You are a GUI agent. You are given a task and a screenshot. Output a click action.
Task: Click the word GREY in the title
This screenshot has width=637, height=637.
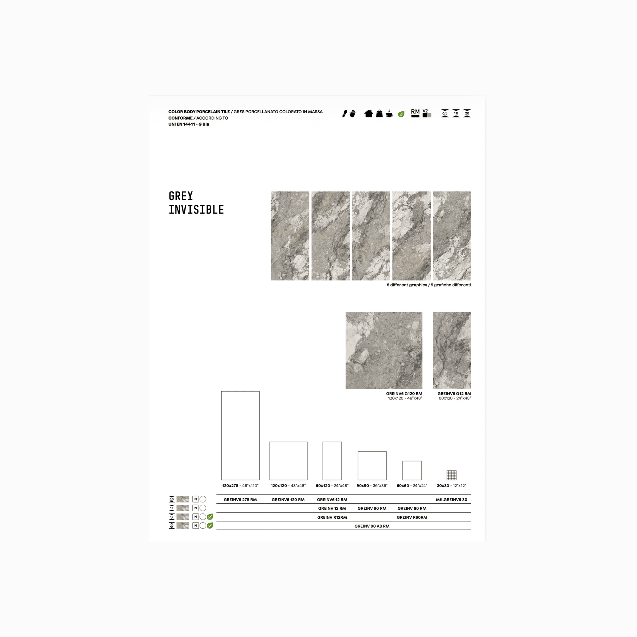click(x=181, y=196)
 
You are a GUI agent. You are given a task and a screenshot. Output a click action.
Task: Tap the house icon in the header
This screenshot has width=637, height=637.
click(x=368, y=113)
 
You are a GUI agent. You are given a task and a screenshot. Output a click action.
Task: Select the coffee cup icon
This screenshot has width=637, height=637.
click(x=389, y=114)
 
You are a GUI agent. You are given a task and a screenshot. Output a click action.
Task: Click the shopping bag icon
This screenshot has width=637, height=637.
click(x=379, y=113)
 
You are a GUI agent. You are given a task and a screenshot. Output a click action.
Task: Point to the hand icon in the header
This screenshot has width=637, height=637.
click(x=353, y=113)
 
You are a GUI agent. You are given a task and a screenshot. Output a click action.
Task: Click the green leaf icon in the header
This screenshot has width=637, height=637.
click(x=401, y=114)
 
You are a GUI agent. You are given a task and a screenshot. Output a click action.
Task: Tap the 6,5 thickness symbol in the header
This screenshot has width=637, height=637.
click(x=445, y=113)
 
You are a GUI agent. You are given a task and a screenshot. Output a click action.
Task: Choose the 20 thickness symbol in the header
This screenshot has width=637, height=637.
click(x=467, y=113)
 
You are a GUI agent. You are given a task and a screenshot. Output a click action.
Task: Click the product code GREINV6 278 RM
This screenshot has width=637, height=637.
click(x=240, y=500)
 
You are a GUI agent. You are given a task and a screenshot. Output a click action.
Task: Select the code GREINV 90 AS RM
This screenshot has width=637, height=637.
click(x=372, y=526)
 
